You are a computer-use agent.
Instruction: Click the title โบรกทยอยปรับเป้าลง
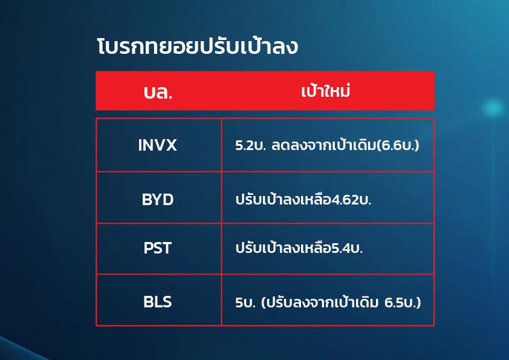click(197, 46)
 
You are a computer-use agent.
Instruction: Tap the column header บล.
click(158, 93)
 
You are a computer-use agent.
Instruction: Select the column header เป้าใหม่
click(326, 91)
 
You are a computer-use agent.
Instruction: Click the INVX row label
click(157, 145)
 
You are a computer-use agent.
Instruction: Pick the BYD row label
click(158, 200)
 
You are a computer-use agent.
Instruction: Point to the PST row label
click(157, 248)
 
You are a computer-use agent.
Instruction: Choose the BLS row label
click(157, 302)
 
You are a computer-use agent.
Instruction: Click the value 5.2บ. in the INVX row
click(251, 145)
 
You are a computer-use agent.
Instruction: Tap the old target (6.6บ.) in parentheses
click(398, 145)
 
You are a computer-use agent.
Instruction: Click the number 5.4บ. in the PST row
click(347, 249)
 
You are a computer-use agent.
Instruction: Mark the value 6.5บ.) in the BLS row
click(403, 303)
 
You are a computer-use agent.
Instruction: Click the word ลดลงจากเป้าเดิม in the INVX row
click(323, 145)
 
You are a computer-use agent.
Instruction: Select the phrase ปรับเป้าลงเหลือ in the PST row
click(283, 248)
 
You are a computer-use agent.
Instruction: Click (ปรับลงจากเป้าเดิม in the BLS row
click(320, 302)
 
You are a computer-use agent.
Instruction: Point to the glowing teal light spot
click(493, 108)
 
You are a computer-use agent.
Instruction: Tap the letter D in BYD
click(168, 200)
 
